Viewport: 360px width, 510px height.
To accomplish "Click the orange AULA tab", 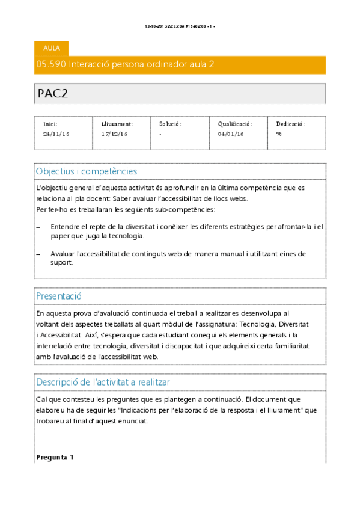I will (x=52, y=48).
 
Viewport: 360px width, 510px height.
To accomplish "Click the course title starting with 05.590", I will (x=126, y=64).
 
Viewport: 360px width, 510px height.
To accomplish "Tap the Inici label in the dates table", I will (x=50, y=124).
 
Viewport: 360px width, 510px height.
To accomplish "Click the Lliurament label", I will (x=117, y=124).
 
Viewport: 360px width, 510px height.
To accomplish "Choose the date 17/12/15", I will (x=114, y=134).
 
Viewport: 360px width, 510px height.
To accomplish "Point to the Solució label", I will (x=170, y=124).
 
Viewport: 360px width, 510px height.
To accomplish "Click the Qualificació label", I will (x=234, y=124).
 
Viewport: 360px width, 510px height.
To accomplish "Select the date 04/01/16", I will (x=230, y=134).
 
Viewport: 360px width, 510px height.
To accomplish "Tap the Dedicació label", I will (x=290, y=124).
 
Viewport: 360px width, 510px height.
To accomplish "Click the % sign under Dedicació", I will (x=279, y=134).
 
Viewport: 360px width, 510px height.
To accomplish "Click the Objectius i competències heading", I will (x=87, y=171).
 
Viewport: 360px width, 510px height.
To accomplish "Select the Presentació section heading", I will (x=59, y=296).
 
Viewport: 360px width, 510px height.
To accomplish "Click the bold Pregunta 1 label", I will (x=55, y=458).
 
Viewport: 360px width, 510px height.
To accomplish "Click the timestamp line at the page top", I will (x=180, y=26).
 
